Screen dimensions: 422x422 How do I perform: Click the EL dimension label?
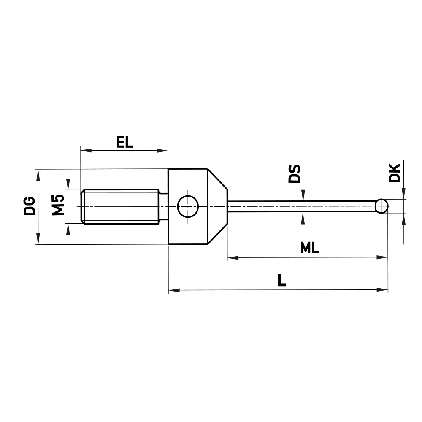coord(124,142)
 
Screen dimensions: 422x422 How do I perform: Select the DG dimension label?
coord(30,206)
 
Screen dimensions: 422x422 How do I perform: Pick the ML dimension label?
coord(310,248)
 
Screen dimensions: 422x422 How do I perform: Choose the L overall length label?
coord(281,281)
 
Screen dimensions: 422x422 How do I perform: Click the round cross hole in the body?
coord(188,206)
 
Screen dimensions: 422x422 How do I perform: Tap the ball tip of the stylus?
coord(382,206)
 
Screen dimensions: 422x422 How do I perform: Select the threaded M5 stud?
coord(120,206)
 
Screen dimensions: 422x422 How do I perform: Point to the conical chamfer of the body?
coord(218,206)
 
